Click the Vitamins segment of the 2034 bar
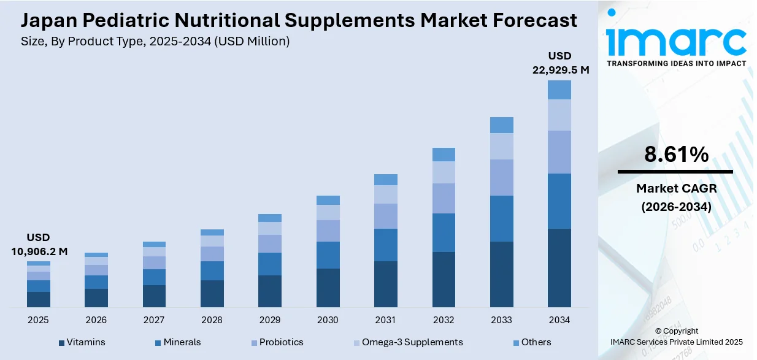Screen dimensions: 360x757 click(559, 267)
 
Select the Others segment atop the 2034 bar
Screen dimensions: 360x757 click(559, 90)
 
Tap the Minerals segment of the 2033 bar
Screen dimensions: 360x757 click(501, 218)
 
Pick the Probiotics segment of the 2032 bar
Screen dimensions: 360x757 click(444, 198)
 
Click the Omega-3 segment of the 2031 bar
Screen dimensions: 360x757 click(385, 194)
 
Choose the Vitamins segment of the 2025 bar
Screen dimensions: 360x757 click(38, 299)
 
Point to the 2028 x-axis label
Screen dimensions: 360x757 click(212, 320)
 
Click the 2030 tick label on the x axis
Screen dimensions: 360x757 click(328, 320)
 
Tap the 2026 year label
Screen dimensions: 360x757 click(96, 320)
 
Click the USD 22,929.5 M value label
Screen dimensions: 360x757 click(560, 63)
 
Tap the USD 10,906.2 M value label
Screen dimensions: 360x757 click(39, 244)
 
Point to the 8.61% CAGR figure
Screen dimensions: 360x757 click(676, 155)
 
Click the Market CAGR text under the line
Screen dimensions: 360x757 click(676, 188)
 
